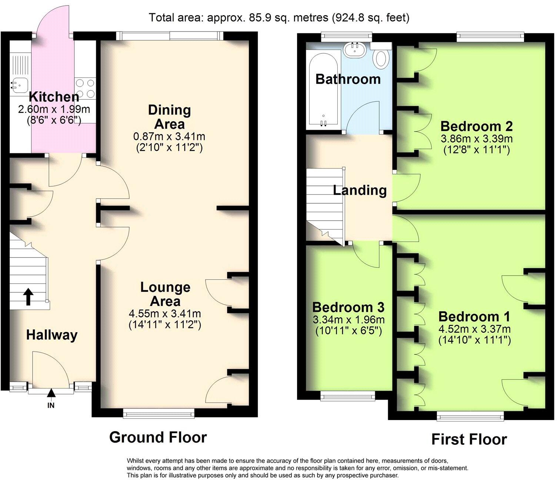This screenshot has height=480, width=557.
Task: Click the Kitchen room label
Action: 54,97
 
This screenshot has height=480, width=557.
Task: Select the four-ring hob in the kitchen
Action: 85,88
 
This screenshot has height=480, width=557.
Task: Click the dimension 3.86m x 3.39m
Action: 476,139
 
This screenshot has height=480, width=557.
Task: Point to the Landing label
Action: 360,190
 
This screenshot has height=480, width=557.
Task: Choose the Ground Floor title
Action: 158,437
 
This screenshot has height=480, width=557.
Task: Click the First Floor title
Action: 469,439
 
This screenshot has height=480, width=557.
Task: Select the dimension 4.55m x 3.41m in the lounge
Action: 165,313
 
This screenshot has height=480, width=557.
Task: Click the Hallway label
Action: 52,335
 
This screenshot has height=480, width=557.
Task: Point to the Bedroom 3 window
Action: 348,396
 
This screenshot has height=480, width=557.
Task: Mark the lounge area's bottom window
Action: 159,413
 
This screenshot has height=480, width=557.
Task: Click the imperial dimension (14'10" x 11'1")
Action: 474,340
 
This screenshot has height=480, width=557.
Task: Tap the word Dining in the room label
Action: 170,110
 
